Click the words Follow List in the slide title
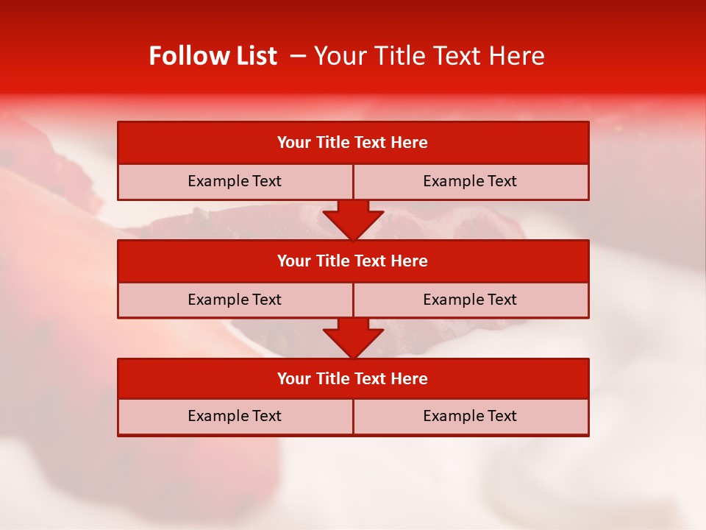[x=213, y=56]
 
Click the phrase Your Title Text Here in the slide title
[x=429, y=56]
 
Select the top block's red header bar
[x=353, y=143]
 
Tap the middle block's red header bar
[x=353, y=261]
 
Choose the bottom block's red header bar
[x=353, y=378]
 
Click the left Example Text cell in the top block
[x=235, y=181]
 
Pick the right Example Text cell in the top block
[x=470, y=181]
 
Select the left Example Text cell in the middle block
[x=235, y=300]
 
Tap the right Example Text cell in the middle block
[x=470, y=300]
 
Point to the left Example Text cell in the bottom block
[x=235, y=416]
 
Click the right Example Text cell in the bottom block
[x=470, y=416]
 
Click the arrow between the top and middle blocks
[x=353, y=219]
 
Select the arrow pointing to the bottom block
[x=353, y=338]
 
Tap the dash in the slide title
[x=298, y=56]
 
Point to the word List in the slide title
[x=252, y=56]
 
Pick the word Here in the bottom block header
[x=410, y=378]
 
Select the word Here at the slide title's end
[x=519, y=56]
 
